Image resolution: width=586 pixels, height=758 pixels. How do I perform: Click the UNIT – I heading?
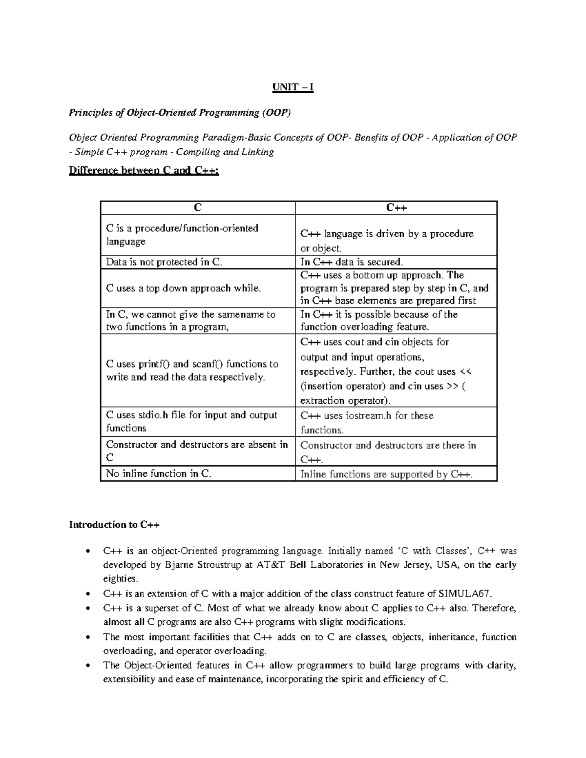[293, 87]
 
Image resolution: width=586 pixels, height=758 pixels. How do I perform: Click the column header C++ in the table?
[396, 208]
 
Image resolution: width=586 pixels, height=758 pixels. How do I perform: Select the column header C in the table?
[197, 208]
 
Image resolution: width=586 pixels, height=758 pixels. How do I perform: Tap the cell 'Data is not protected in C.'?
[164, 262]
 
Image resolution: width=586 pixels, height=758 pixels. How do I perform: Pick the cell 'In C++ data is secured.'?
[352, 262]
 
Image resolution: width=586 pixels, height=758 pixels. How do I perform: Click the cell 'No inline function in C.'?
[159, 473]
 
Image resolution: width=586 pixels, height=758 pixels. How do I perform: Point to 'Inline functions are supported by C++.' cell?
[386, 474]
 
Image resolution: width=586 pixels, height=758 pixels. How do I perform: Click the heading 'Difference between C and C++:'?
[144, 171]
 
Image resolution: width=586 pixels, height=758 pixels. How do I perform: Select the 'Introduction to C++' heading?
[114, 525]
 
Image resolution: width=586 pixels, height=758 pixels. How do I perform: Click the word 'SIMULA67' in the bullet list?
[464, 594]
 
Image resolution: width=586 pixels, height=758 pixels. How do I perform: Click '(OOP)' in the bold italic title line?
[276, 113]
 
